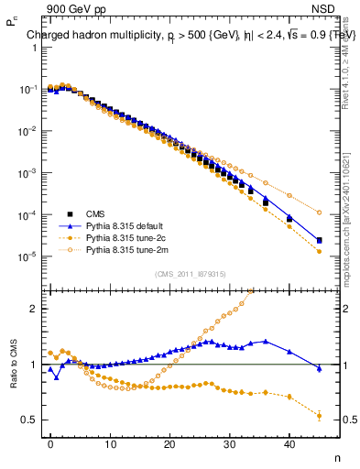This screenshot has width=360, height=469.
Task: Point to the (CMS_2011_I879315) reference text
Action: (190, 274)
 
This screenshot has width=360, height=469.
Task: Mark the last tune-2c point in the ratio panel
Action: (319, 416)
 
